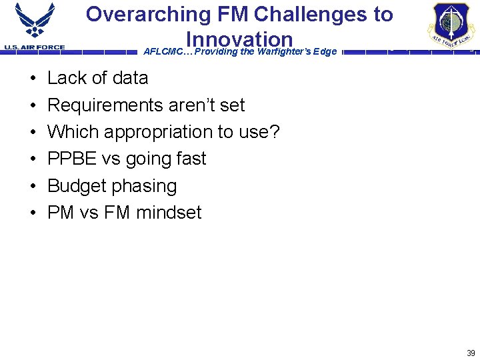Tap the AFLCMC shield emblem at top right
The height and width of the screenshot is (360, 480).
[452, 25]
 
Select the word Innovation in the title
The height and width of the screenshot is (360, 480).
[239, 39]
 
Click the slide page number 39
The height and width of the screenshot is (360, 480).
[471, 353]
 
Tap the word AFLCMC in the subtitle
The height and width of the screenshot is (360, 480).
[161, 52]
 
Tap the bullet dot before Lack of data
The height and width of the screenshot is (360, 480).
[33, 79]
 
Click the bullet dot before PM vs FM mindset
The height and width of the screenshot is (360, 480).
[33, 213]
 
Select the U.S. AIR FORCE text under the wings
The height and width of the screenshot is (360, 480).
[35, 47]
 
